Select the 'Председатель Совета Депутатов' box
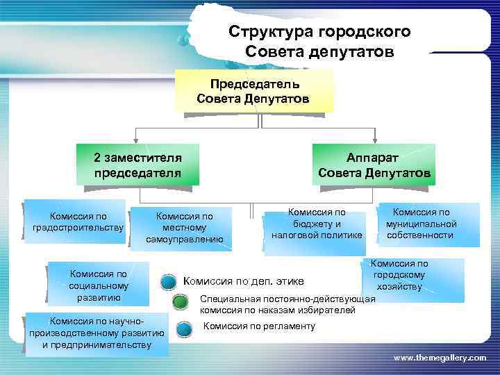click(254, 91)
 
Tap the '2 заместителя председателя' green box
click(137, 164)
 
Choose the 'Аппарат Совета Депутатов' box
click(374, 164)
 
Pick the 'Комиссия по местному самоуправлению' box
click(184, 228)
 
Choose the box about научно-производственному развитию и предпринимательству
click(97, 334)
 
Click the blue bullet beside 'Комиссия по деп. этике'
click(168, 282)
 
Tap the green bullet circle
click(179, 303)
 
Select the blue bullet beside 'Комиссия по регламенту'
click(184, 328)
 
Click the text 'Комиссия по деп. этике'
click(243, 281)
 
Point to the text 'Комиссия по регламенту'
click(259, 326)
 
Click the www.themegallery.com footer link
click(440, 357)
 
